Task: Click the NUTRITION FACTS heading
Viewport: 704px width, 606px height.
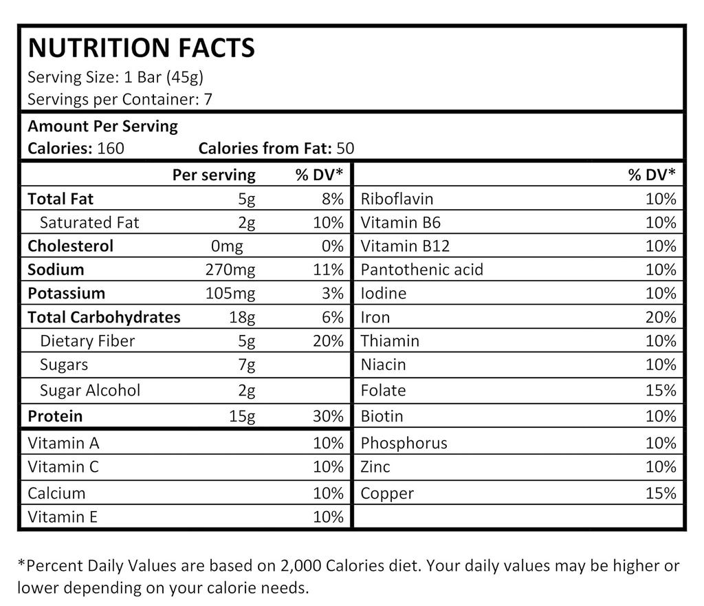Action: click(141, 48)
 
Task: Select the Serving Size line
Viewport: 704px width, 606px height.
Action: click(115, 77)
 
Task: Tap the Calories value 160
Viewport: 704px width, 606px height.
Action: click(111, 148)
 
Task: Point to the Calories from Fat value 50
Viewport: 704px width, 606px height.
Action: click(345, 148)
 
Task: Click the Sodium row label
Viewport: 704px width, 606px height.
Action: click(56, 270)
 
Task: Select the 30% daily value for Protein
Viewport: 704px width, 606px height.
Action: click(328, 416)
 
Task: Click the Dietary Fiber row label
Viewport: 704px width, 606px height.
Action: click(87, 341)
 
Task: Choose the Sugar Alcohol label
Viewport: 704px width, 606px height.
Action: click(90, 391)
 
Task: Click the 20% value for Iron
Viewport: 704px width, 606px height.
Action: click(661, 317)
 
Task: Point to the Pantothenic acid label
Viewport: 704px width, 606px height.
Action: click(421, 270)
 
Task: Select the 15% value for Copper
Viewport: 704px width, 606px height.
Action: click(661, 493)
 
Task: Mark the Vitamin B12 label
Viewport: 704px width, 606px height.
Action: click(405, 246)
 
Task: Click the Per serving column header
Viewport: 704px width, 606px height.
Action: click(213, 175)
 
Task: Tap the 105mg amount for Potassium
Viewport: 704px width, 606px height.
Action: click(230, 294)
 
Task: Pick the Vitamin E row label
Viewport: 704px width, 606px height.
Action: click(63, 517)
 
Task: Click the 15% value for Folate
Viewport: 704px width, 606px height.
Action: click(661, 391)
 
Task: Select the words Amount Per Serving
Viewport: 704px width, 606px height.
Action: click(102, 127)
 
